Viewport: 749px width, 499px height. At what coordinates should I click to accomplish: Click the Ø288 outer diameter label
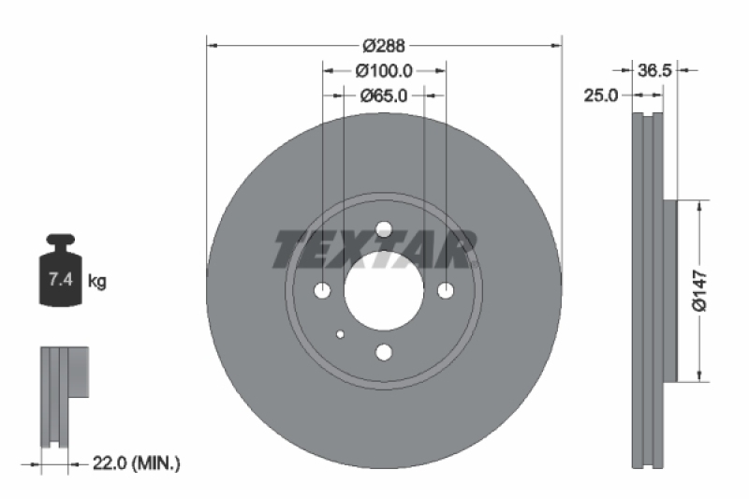(x=383, y=45)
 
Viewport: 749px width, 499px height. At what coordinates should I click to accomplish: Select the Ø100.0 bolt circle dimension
(x=384, y=70)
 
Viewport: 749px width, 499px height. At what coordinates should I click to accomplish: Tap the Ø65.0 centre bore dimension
(x=384, y=95)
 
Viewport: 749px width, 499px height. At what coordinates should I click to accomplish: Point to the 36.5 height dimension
(x=654, y=70)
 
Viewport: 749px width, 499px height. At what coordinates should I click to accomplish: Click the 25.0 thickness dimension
(x=601, y=95)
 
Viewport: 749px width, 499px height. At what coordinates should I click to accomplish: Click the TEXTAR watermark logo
(x=375, y=248)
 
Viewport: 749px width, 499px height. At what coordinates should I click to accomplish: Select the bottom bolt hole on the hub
(x=383, y=352)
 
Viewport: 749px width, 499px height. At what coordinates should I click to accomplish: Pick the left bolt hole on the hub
(x=323, y=291)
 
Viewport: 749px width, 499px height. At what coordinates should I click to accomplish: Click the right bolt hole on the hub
(x=445, y=291)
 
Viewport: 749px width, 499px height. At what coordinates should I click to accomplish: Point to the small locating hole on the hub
(x=340, y=333)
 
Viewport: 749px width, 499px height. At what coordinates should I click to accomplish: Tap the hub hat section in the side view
(x=668, y=291)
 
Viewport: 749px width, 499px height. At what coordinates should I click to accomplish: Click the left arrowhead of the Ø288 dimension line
(x=211, y=45)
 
